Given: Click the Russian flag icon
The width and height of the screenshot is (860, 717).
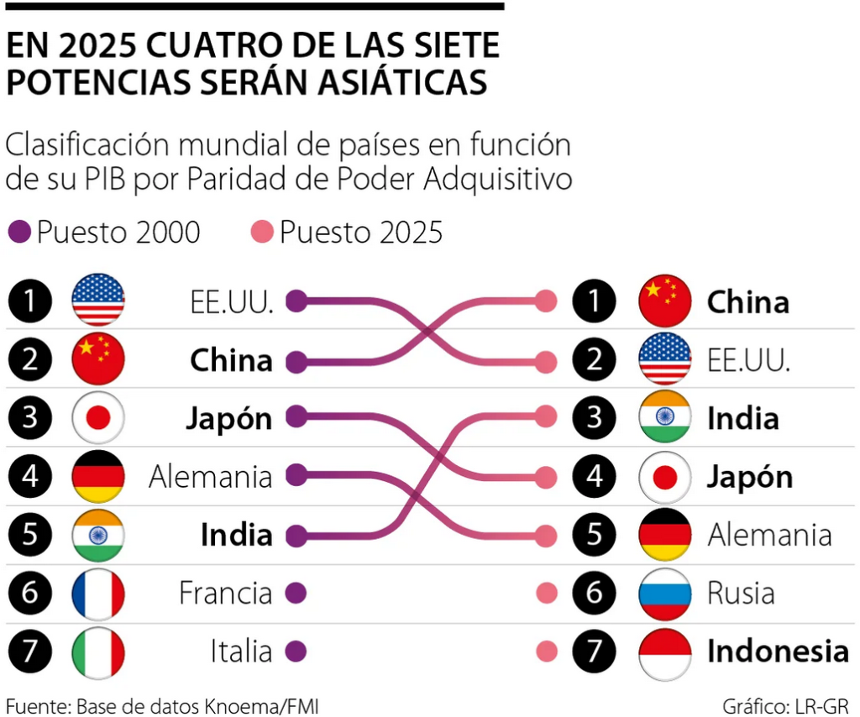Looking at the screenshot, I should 664,594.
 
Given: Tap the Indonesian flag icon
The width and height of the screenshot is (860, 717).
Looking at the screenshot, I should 664,652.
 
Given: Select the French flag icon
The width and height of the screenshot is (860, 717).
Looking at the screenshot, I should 98,594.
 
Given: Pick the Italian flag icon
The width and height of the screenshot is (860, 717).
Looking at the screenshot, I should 98,652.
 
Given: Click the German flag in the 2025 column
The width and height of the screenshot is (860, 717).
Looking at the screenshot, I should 664,535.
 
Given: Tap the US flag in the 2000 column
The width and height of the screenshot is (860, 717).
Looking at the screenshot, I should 98,301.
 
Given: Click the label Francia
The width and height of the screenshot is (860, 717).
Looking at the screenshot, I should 225,594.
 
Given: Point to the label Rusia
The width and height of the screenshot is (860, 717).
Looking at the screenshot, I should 740,594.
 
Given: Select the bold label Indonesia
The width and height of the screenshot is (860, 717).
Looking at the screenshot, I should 777,652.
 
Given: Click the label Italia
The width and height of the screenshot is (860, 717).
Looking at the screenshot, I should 241,652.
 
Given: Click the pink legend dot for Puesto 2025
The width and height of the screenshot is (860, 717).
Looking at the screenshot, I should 264,232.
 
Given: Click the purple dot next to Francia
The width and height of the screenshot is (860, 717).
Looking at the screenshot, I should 296,594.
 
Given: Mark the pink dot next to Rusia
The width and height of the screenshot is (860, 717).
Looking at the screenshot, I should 547,594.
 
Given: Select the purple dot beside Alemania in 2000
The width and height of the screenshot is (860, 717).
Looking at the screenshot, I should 296,476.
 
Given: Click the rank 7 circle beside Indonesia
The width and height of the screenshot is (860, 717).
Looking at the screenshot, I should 595,652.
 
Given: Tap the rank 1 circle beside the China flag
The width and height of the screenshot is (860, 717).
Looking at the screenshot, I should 595,301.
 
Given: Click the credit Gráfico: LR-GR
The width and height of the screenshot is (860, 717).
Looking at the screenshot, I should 784,704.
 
